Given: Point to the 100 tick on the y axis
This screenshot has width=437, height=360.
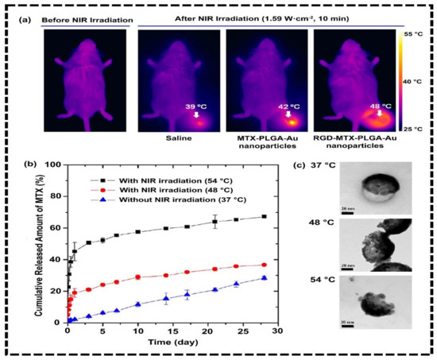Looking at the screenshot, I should (53, 165).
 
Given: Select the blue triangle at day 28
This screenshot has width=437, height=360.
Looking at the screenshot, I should (264, 277).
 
